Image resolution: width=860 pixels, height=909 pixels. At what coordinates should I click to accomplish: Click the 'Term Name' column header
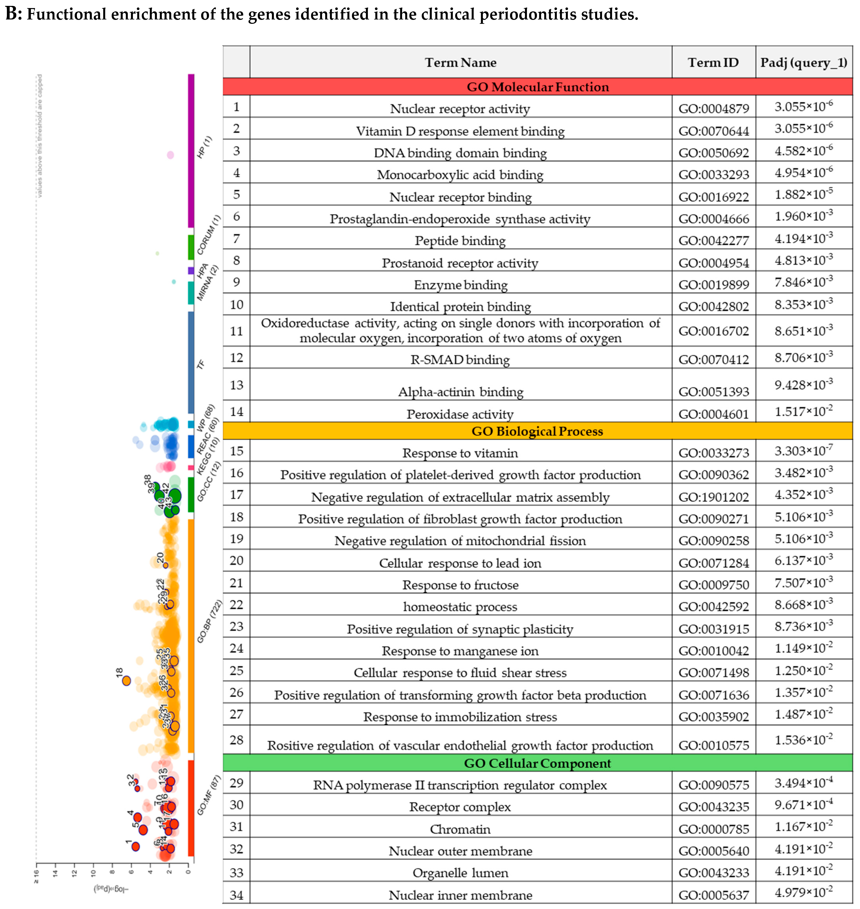coord(460,62)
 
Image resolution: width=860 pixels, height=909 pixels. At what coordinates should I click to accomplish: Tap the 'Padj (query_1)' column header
coord(804,62)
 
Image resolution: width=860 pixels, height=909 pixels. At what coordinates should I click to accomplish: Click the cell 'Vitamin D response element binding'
coord(460,131)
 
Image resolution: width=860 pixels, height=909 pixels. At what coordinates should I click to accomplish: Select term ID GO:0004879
coord(713,109)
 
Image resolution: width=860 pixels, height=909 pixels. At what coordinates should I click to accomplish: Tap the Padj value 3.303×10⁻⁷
coord(804,451)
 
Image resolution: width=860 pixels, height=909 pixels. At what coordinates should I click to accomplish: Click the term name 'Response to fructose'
coord(460,585)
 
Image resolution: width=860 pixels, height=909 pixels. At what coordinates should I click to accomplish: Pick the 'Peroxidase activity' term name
coord(460,414)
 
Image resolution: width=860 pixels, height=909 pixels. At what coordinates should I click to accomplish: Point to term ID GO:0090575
coord(713,785)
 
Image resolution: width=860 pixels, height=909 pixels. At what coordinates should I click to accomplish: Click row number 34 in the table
coord(237,895)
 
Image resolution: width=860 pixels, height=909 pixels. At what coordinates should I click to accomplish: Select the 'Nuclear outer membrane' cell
coord(460,851)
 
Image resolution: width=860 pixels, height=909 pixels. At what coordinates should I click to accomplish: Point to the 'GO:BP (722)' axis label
coord(209,621)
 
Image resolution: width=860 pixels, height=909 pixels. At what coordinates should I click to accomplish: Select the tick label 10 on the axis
coord(93,874)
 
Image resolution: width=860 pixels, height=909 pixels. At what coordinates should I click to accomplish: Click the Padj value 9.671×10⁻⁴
coord(804,805)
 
